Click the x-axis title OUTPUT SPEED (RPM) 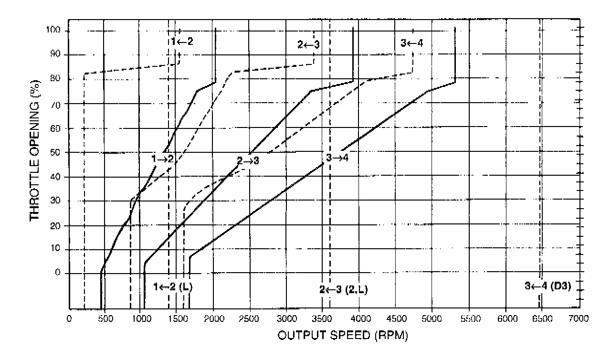point(342,335)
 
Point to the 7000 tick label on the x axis point(578,318)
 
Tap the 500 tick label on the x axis point(105,318)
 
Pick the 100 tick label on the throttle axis point(55,31)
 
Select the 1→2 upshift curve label point(162,159)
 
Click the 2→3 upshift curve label point(248,160)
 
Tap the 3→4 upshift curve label point(338,158)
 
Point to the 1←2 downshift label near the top point(182,42)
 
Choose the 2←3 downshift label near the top point(308,44)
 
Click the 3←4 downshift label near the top point(412,43)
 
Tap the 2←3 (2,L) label point(344,289)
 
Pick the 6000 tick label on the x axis point(506,318)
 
